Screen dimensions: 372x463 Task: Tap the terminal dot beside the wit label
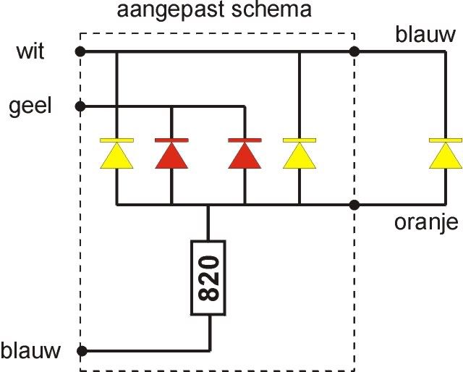[80, 51]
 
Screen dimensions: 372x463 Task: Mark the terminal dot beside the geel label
[80, 106]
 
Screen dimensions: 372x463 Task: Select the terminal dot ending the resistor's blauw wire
[80, 351]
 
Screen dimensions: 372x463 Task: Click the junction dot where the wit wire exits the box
[354, 51]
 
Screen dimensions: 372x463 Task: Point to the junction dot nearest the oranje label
[354, 205]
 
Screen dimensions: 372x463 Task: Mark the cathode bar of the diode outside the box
[445, 140]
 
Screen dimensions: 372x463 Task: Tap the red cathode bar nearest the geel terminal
[171, 140]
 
